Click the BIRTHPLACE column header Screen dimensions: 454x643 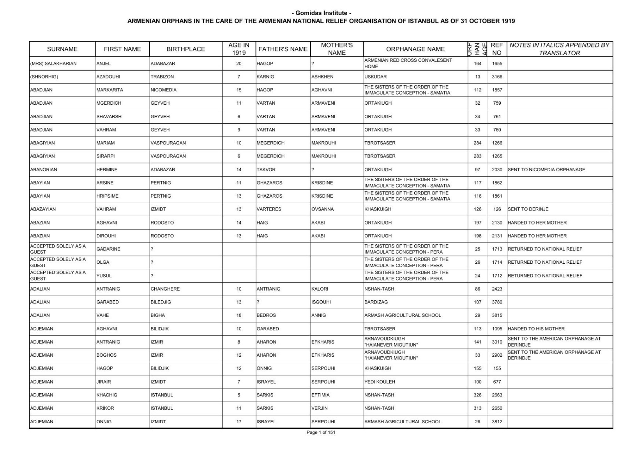pyautogui.click(x=185, y=49)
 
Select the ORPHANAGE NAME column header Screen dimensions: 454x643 pyautogui.click(x=415, y=49)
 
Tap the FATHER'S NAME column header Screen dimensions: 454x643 pyautogui.click(x=283, y=49)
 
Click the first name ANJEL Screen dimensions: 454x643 pyautogui.click(x=104, y=63)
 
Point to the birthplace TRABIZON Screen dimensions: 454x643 pyautogui.click(x=162, y=77)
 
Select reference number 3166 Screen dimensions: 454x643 pyautogui.click(x=497, y=77)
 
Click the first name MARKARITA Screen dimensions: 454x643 pyautogui.click(x=110, y=90)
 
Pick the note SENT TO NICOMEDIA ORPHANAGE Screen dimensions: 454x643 pyautogui.click(x=546, y=170)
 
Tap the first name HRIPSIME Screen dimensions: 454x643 pyautogui.click(x=107, y=196)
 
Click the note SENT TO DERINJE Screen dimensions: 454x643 pyautogui.click(x=528, y=209)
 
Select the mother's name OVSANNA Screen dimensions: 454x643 pyautogui.click(x=323, y=209)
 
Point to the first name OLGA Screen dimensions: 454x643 pyautogui.click(x=103, y=262)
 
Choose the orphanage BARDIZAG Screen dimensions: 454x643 pyautogui.click(x=376, y=302)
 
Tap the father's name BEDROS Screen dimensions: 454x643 pyautogui.click(x=266, y=316)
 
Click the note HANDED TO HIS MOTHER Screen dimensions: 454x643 pyautogui.click(x=536, y=329)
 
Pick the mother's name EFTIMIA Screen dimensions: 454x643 pyautogui.click(x=320, y=395)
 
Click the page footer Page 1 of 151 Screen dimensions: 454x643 pyautogui.click(x=321, y=433)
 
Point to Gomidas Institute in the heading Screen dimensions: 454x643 pyautogui.click(x=321, y=13)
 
